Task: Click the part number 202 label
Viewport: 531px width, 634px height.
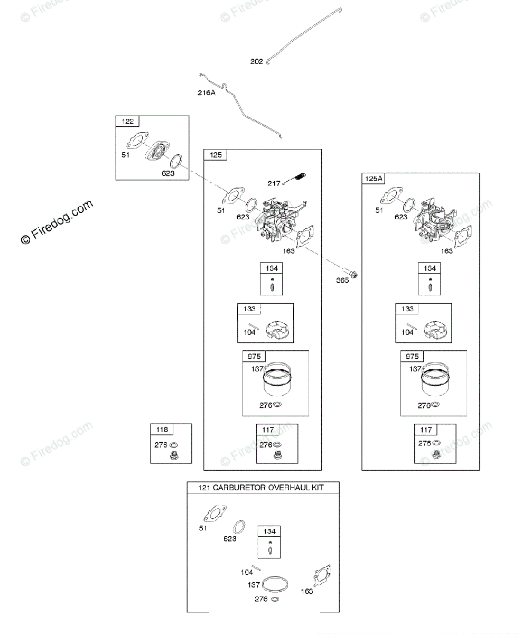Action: pos(256,62)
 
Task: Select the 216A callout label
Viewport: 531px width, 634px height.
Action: pos(206,93)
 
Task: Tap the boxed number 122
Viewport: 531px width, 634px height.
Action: pos(128,122)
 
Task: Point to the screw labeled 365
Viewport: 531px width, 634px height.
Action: pos(355,274)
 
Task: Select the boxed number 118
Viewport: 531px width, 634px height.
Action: pos(162,430)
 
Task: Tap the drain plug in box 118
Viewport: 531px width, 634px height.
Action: pos(173,456)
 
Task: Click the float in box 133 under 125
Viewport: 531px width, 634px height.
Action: pos(278,331)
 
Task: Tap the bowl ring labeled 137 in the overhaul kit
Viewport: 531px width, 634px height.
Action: pos(275,584)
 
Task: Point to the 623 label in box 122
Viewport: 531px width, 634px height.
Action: pos(168,173)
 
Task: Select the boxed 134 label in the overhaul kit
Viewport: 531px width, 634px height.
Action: pos(269,532)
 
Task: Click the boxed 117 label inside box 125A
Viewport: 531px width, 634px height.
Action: pos(426,430)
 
